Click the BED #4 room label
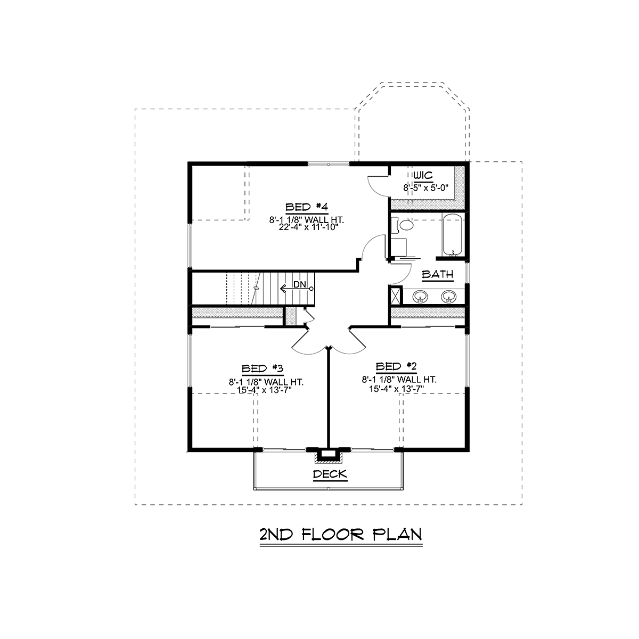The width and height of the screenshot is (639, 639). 307,207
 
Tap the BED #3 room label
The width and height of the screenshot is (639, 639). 263,368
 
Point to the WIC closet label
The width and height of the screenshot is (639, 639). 423,175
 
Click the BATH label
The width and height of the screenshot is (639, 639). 438,274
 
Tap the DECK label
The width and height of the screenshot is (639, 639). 330,474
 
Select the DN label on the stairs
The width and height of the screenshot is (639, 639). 299,284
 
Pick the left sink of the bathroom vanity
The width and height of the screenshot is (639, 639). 420,296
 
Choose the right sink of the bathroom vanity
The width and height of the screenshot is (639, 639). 449,296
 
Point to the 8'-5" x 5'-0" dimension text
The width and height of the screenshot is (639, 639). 426,187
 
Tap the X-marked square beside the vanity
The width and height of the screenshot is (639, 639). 396,295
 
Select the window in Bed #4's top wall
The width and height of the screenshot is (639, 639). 329,164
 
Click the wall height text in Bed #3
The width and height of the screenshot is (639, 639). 266,382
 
